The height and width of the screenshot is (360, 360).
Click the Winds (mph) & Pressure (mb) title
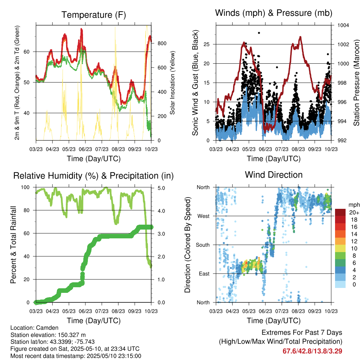274,13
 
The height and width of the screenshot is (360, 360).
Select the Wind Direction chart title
274,175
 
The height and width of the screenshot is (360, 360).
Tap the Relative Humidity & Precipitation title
93,175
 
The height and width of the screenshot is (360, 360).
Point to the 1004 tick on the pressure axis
343,25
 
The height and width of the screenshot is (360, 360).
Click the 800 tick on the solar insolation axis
162,44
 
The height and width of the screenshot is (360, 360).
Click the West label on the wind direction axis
203,216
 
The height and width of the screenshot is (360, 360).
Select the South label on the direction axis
202,245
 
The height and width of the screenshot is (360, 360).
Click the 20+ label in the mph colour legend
353,212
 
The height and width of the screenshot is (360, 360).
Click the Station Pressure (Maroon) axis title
356,83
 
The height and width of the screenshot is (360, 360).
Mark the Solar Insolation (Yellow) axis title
173,83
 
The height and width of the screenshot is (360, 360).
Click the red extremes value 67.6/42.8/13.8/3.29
312,351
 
